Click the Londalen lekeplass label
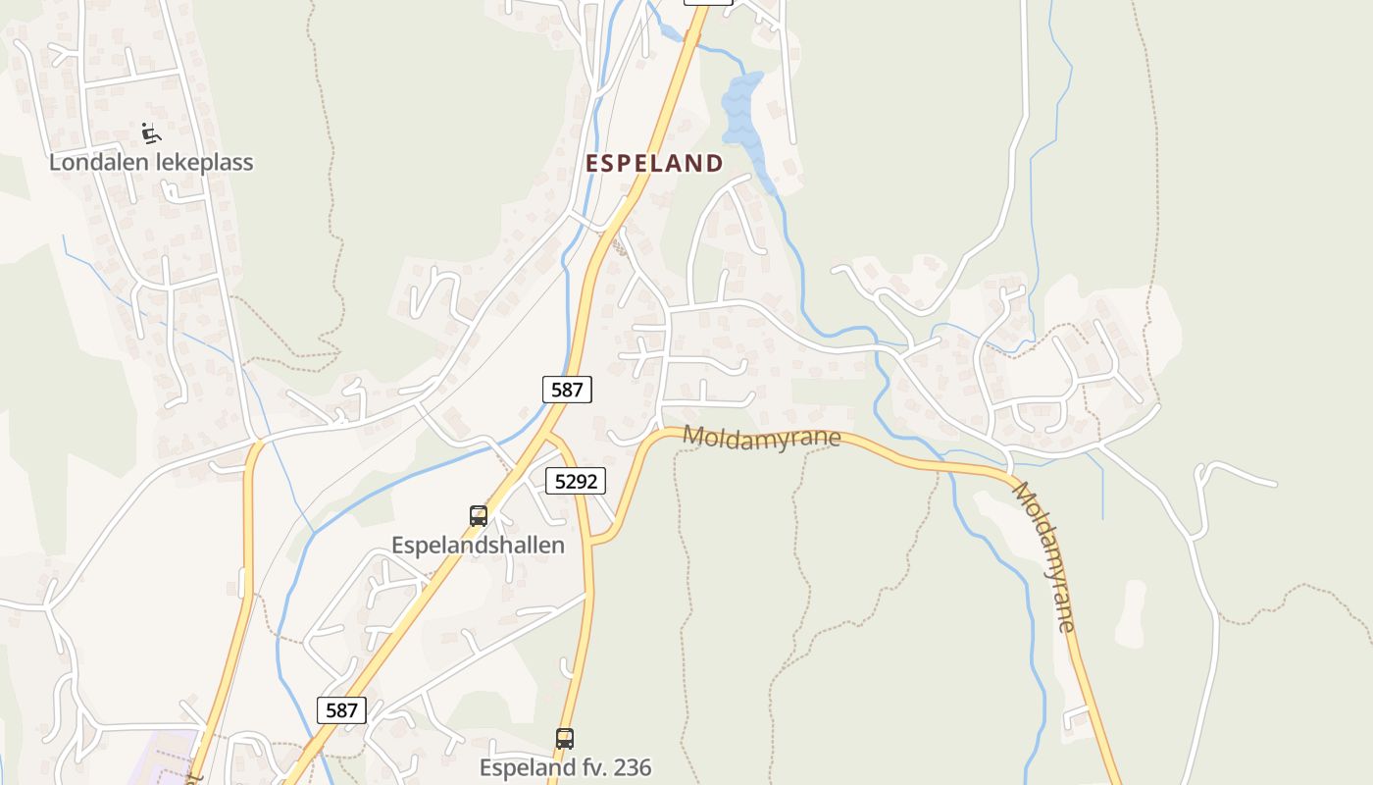[151, 163]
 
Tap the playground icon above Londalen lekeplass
[150, 132]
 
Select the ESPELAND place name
[654, 164]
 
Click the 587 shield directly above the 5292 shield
[567, 390]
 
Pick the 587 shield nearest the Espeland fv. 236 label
[341, 709]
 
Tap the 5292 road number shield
[576, 481]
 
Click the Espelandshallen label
[478, 545]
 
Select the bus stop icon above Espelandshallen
[479, 516]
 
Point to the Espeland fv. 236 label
[565, 767]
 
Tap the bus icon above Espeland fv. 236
[565, 739]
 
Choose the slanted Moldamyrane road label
[1045, 555]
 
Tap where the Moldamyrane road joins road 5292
[592, 541]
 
